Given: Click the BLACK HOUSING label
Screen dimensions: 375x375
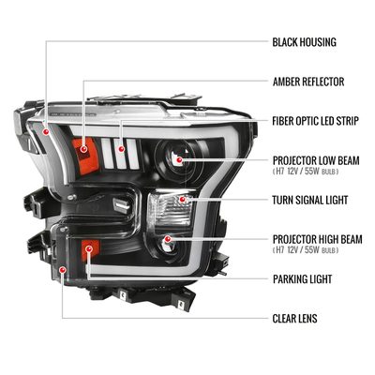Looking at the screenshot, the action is (x=304, y=42).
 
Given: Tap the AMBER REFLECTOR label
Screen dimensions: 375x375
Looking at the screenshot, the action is (x=308, y=82).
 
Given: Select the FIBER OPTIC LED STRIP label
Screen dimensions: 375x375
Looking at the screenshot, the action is (x=315, y=121).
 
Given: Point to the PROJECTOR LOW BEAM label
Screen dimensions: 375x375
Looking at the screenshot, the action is (x=316, y=160).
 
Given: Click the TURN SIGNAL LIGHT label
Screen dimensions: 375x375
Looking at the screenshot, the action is (x=310, y=200).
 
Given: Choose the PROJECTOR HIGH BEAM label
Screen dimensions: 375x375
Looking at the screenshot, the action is (x=318, y=239).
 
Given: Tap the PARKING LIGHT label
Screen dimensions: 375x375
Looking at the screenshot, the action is (x=302, y=279).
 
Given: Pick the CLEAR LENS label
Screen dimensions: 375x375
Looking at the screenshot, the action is (x=294, y=319).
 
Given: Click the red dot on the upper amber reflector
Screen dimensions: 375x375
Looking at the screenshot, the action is (x=83, y=149).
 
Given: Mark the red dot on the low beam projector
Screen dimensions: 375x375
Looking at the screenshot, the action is (x=179, y=160).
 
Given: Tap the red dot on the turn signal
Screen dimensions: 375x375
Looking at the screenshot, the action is (x=182, y=199).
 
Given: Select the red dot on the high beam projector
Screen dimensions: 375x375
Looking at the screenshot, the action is (x=168, y=239).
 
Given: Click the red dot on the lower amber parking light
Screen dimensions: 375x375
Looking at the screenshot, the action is (x=89, y=248).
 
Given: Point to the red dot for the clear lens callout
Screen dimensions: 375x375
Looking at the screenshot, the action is (x=63, y=270).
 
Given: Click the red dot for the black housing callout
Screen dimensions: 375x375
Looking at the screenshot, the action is (x=46, y=132).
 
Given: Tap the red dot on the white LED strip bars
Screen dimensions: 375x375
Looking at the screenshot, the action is (x=121, y=149).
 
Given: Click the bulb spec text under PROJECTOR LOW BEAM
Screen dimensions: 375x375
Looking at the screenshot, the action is (x=306, y=172).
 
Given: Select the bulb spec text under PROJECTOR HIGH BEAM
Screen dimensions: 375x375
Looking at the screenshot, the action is (x=306, y=250).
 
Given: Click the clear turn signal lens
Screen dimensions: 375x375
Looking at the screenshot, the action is (x=170, y=209).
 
